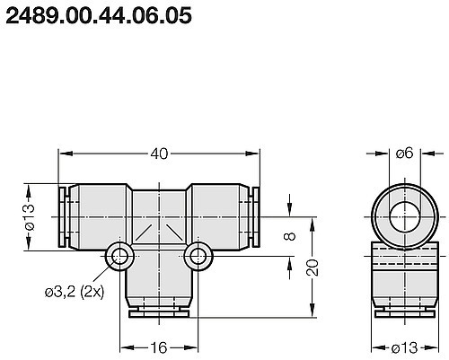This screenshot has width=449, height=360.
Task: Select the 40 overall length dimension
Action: click(159, 154)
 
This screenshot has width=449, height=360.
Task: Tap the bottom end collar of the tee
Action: click(158, 313)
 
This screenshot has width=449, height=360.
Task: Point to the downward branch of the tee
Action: click(158, 285)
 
